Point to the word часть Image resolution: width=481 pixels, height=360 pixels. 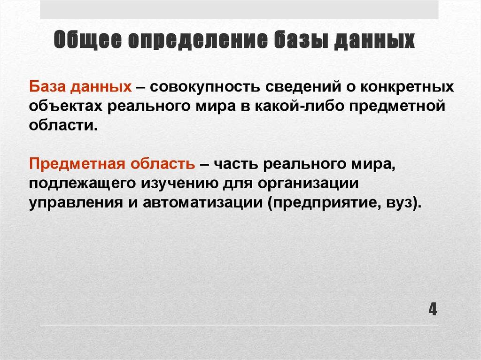coord(235,165)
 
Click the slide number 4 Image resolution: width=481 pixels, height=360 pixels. coord(432,310)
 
